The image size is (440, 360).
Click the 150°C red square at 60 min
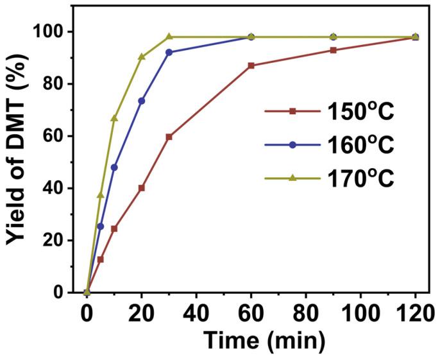tap(251, 65)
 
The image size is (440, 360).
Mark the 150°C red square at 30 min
tap(169, 137)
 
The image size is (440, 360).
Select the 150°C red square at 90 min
tap(333, 50)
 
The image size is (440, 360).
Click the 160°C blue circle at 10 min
tap(114, 167)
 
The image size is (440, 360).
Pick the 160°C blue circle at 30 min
tap(169, 53)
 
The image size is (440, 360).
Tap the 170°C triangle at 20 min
tap(141, 56)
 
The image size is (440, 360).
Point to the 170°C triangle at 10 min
tap(114, 118)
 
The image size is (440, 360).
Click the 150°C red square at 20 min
tap(141, 188)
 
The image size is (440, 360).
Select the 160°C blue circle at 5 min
tap(100, 227)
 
